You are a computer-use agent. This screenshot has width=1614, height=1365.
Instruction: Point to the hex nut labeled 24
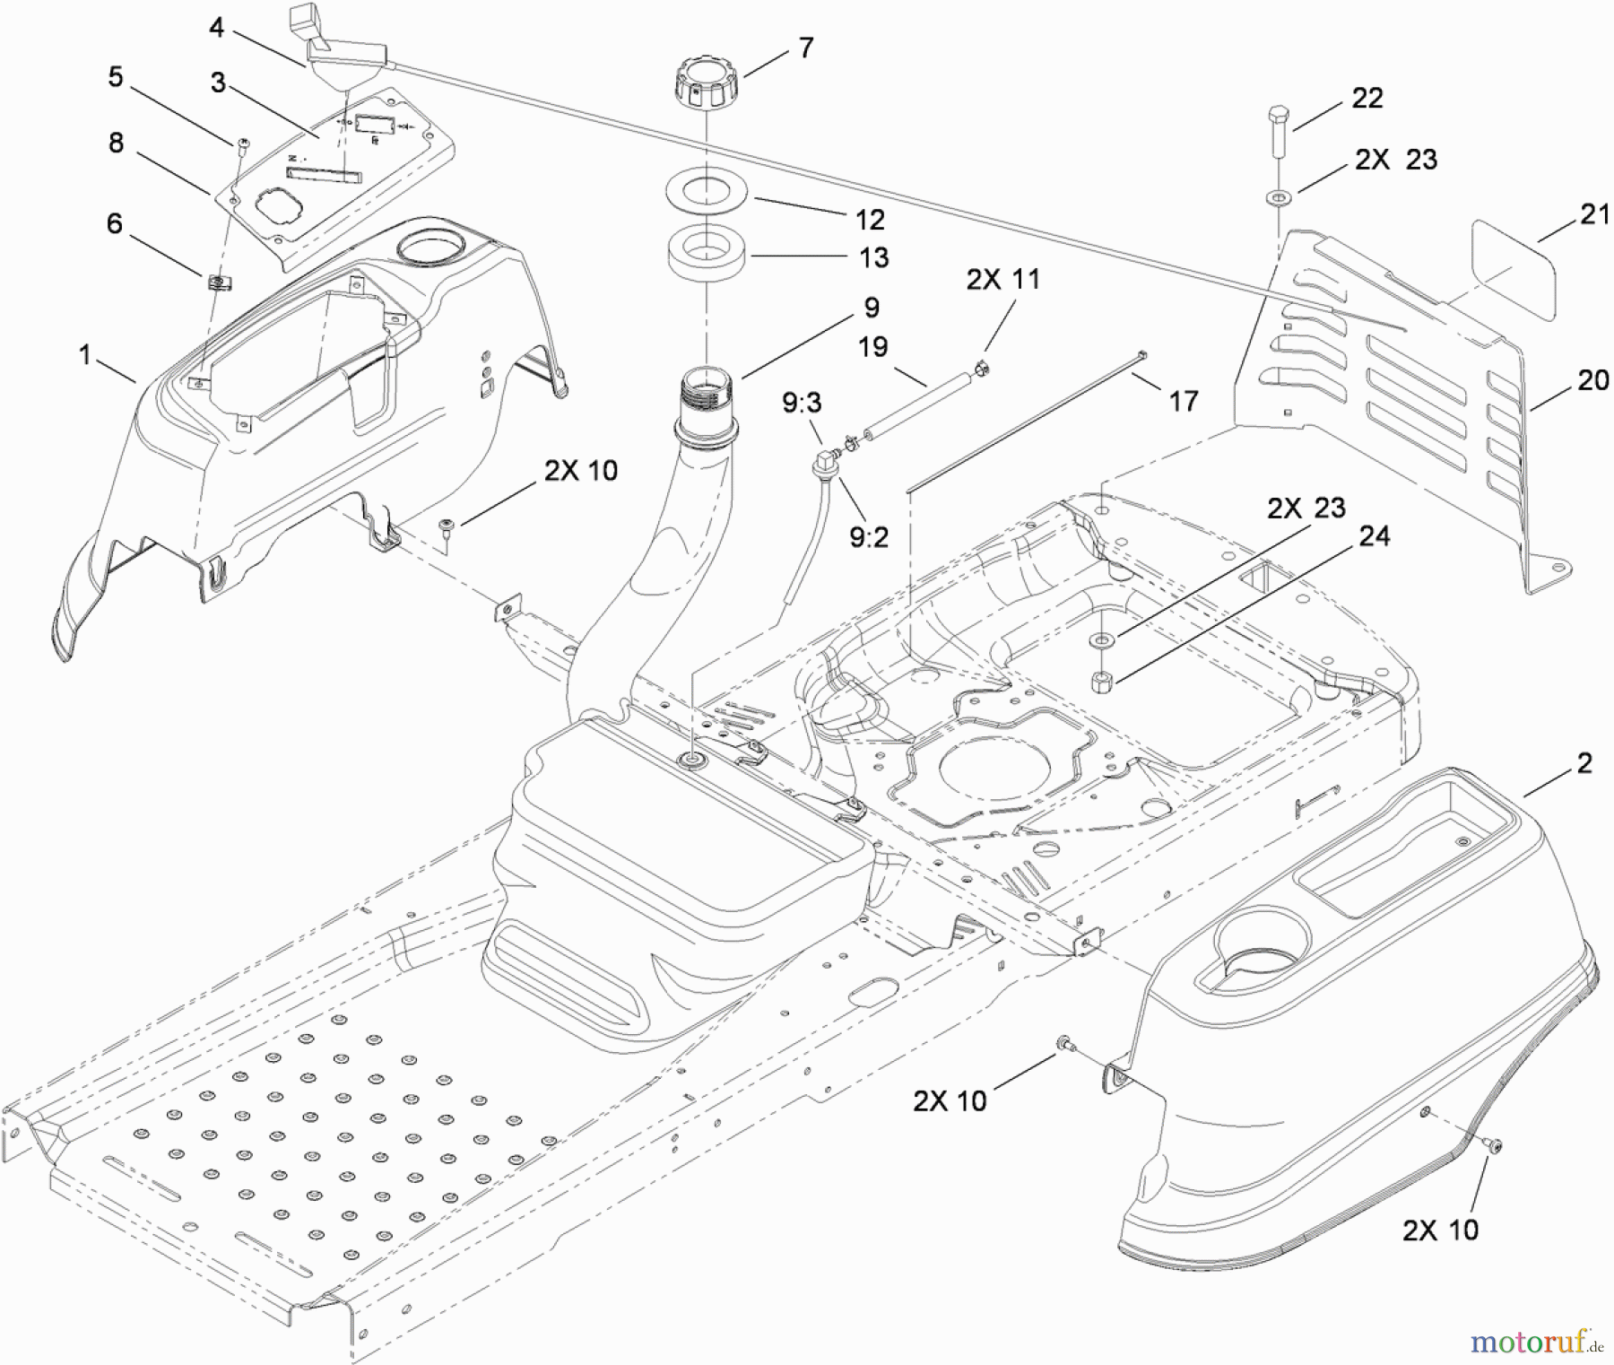(1102, 682)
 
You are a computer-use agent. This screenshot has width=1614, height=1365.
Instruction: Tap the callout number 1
(85, 355)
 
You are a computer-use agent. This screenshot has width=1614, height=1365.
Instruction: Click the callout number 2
(1584, 763)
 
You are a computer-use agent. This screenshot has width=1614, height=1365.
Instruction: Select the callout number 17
(1183, 401)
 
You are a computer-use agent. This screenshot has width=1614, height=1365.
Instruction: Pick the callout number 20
(1592, 380)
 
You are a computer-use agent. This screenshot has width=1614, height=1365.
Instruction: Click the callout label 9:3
(801, 403)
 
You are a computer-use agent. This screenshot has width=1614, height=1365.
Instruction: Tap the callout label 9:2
(868, 537)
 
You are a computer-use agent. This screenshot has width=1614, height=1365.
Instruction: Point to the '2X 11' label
(1002, 280)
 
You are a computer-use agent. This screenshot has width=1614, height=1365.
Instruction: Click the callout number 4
(216, 28)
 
